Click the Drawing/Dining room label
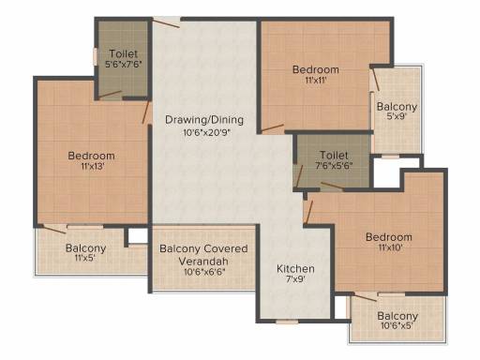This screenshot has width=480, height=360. pos(204,120)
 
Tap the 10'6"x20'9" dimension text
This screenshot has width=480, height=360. pos(206,133)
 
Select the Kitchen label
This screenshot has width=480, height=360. pos(295,269)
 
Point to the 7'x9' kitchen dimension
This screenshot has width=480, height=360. pos(295,279)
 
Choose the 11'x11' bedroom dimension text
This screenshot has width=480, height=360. pos(316,81)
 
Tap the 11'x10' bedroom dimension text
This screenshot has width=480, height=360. pos(390,247)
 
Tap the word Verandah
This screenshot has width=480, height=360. pos(203,262)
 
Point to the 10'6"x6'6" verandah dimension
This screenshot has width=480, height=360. pos(204,272)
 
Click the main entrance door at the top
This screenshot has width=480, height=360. pos(166,22)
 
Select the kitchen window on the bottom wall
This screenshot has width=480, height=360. pos(287,322)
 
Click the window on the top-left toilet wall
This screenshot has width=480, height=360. pos(95,56)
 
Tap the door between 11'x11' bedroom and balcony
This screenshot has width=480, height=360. pos(374,80)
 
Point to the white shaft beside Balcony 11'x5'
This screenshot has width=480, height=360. pos(138,235)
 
